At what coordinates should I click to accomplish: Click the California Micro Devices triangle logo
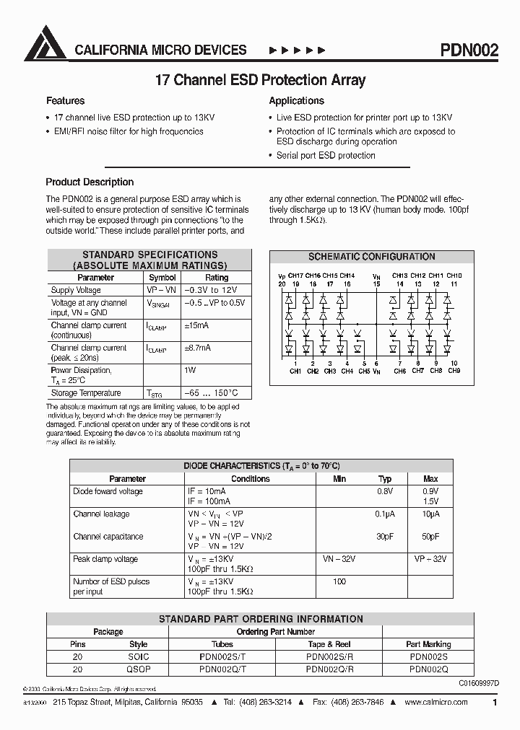point(45,44)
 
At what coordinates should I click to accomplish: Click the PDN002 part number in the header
point(469,50)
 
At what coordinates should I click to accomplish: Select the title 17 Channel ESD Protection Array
point(260,80)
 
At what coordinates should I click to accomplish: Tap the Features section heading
point(66,101)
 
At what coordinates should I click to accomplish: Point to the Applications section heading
point(296,101)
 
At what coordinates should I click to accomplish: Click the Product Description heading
point(90,182)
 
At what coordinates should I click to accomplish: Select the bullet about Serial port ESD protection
point(326,155)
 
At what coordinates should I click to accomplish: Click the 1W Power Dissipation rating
point(190,370)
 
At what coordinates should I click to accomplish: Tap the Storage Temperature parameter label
point(85,393)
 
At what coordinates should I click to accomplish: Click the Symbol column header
point(162,278)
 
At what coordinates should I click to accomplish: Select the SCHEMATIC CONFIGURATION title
point(371,257)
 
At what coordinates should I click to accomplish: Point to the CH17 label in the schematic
point(295,276)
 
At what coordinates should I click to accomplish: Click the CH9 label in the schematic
point(454,371)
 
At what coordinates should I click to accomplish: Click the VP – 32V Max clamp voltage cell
point(430,559)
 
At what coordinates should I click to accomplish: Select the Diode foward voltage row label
point(108,491)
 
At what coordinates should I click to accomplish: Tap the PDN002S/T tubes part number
point(222,656)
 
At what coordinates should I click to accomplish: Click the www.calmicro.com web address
point(437,702)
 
